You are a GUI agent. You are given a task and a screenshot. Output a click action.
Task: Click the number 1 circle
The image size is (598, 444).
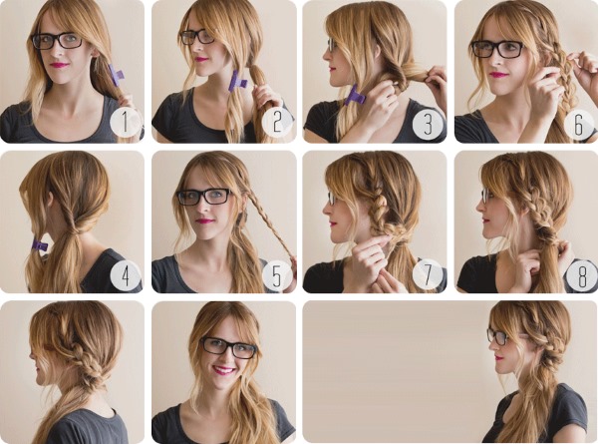coord(124,123)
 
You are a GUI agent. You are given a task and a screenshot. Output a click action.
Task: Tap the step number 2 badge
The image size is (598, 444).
coord(276,123)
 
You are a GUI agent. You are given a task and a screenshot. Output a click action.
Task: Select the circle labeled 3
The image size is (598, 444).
coord(428,123)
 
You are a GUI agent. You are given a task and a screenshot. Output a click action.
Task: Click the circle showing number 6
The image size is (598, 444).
coord(578,123)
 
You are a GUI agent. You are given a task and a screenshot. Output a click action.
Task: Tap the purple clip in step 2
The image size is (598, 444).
coord(238,81)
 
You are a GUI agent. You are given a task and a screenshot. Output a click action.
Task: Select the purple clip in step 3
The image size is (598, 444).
coord(355,97)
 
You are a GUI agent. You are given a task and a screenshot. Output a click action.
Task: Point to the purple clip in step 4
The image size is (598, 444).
coord(40,244)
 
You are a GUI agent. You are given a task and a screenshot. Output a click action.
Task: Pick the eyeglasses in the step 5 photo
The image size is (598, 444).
coord(203,197)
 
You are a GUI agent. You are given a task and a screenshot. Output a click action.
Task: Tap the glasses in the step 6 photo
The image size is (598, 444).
coord(497,48)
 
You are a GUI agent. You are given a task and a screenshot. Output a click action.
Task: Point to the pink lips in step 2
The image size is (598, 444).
coord(203,59)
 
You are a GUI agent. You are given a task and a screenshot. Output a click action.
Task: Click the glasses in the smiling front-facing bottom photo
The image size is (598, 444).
coord(228,347)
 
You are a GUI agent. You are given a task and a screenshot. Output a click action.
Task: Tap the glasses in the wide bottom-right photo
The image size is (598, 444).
coord(498,337)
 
